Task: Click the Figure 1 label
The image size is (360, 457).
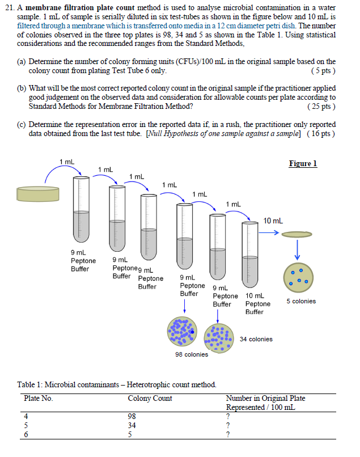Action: (303, 164)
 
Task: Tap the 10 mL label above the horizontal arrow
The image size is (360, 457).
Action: (273, 221)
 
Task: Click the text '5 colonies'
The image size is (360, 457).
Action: (301, 301)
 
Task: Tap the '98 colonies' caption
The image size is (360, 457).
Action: (192, 354)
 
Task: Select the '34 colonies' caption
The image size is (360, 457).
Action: (256, 339)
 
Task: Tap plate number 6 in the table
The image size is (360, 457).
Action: (26, 434)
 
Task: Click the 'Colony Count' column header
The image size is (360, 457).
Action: (150, 398)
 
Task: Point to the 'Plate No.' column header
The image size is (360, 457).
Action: (39, 398)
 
